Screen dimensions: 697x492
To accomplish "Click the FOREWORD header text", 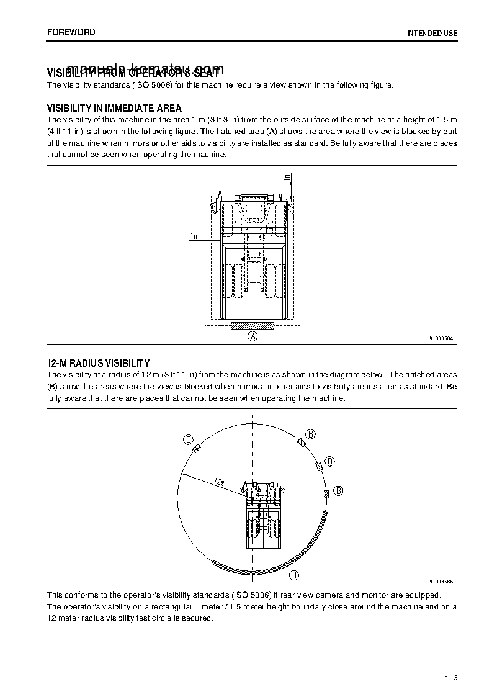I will pos(71,32).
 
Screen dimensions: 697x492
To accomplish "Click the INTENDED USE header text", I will pos(432,33).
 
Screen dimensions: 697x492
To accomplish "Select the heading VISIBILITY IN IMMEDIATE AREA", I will pos(114,109).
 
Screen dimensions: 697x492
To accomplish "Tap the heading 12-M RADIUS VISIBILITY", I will pos(98,363).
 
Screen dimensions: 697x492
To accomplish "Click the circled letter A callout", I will pos(253,336).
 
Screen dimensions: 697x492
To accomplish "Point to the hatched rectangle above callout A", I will pos(253,325).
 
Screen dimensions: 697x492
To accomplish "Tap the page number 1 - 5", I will pos(451,677).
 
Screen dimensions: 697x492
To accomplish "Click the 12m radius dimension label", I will pos(219,481).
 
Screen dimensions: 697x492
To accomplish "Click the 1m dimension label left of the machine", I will pos(194,236).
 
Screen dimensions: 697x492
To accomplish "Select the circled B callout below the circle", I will pos(295,575).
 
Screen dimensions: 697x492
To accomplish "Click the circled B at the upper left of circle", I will pos(188,439).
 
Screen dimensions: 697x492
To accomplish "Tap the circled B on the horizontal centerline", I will pos(339,491).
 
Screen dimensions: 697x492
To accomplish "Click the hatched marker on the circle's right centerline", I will pos(326,493).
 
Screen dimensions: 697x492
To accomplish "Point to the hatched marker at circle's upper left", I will pos(197,449).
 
